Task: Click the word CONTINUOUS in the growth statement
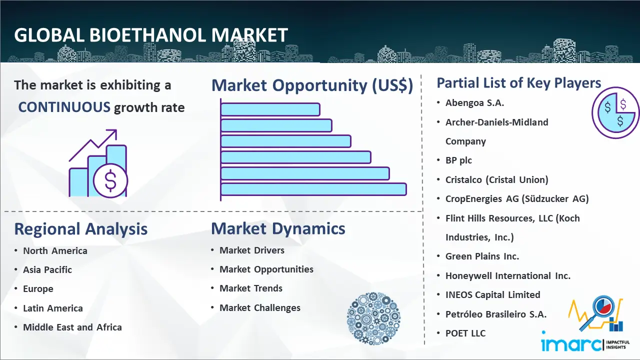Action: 64,107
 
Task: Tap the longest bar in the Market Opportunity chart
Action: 313,189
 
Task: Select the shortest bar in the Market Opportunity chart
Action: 270,109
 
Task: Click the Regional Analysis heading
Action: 81,229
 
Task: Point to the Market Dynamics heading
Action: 278,228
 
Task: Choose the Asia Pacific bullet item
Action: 47,269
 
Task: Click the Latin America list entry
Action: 53,308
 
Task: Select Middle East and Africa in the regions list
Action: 72,327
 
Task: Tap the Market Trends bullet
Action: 251,288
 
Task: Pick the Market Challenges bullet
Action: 260,307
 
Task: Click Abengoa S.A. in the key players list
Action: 474,103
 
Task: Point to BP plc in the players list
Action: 458,160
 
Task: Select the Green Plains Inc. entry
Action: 482,256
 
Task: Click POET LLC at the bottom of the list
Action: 465,333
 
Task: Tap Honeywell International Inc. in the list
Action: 508,275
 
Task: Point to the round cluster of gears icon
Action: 373,318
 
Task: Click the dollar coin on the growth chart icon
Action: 110,181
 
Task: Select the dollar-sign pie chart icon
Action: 615,113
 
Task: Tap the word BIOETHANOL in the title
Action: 147,35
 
